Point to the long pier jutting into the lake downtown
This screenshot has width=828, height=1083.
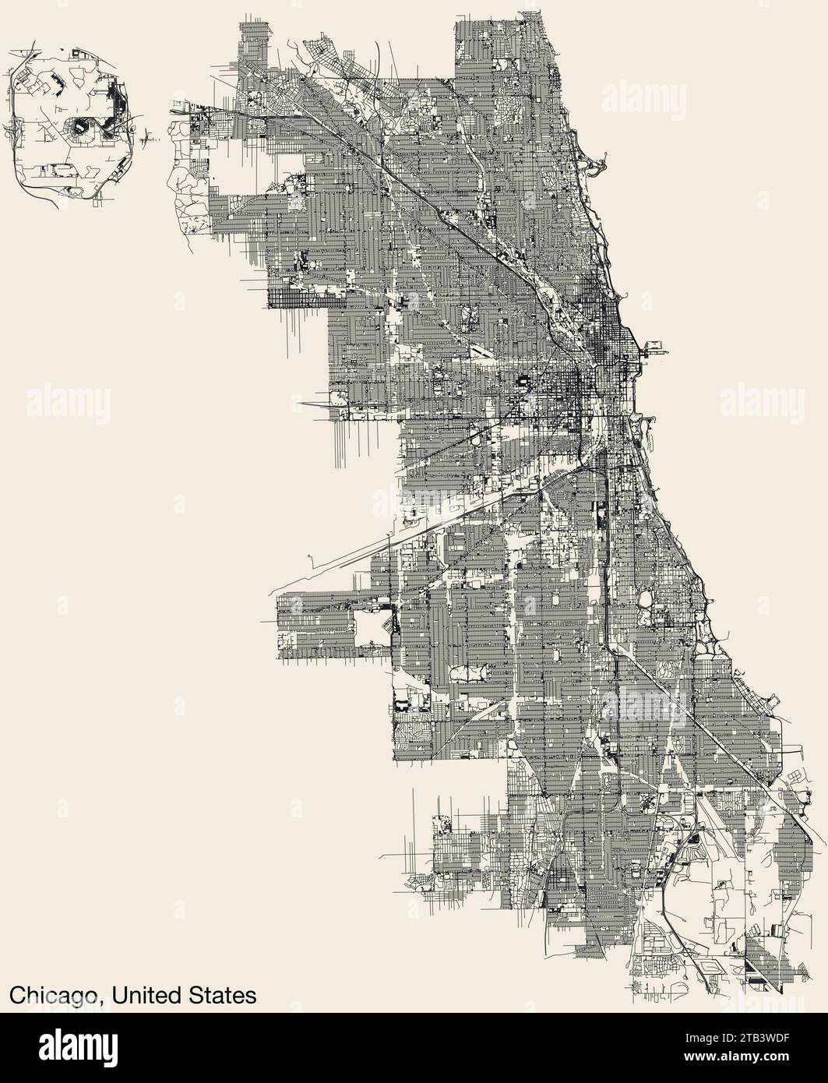(x=653, y=348)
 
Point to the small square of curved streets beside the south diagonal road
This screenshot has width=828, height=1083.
(x=669, y=668)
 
